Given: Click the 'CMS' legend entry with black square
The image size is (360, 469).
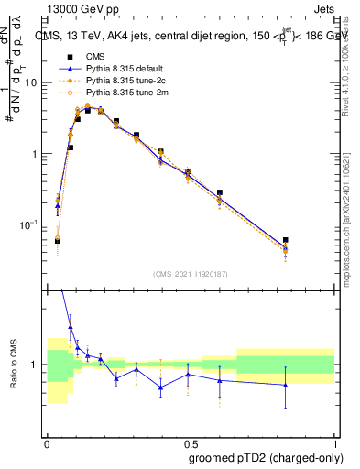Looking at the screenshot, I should pyautogui.click(x=97, y=57).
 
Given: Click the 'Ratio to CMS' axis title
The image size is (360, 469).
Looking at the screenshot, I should pyautogui.click(x=13, y=365).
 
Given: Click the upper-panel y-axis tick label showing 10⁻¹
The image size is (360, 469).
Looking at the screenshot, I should pyautogui.click(x=30, y=224).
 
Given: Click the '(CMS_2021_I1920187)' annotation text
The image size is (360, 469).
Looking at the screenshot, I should pyautogui.click(x=191, y=273).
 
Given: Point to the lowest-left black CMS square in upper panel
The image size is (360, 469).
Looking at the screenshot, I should pyautogui.click(x=57, y=240).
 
